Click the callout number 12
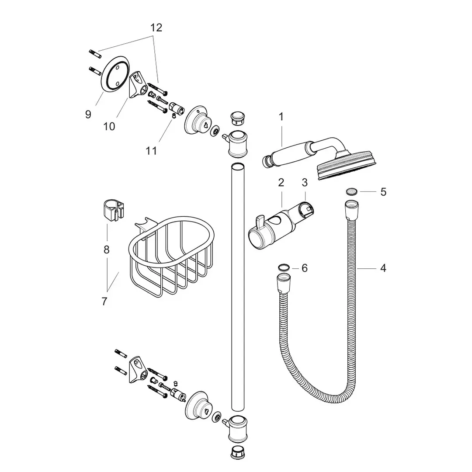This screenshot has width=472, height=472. (x=156, y=28)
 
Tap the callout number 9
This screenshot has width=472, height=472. (x=88, y=115)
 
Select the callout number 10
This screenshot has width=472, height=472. (x=109, y=126)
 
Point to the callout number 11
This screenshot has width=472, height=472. (x=151, y=151)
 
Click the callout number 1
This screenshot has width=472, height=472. (x=281, y=117)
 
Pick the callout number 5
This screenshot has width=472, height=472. (x=383, y=192)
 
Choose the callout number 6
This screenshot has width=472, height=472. (x=305, y=268)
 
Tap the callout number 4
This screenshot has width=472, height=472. (x=383, y=268)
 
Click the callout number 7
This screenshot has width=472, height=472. (x=104, y=301)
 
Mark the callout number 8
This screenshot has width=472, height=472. (x=107, y=250)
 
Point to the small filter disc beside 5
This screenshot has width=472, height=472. (x=351, y=191)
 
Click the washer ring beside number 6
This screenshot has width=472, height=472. (x=283, y=267)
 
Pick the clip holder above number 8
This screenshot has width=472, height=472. (x=112, y=209)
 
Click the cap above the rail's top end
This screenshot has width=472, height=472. (x=236, y=118)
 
